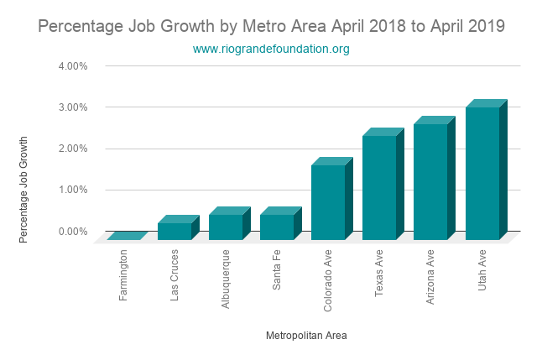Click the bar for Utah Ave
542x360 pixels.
[482, 173]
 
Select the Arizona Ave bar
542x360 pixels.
[430, 181]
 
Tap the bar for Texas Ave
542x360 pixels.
[379, 187]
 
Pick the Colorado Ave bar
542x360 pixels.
[328, 202]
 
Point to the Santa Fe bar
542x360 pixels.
[277, 227]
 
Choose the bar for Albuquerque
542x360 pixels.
[226, 227]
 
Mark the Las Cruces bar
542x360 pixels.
[175, 231]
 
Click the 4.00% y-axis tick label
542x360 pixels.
[72, 65]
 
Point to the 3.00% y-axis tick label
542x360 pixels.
[72, 107]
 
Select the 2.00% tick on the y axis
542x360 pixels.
[72, 149]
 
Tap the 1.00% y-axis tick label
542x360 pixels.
[72, 190]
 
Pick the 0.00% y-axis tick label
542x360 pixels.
[72, 231]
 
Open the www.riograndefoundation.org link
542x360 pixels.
[271, 50]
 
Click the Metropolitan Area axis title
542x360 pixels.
[306, 336]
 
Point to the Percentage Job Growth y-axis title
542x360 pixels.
[23, 190]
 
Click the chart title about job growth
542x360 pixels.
[271, 26]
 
